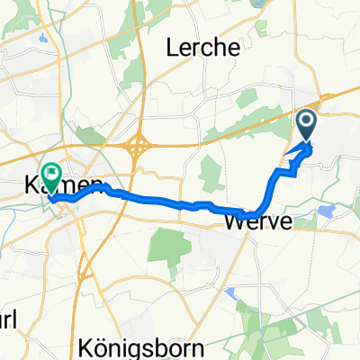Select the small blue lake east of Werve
326,210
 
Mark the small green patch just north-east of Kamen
90,135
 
